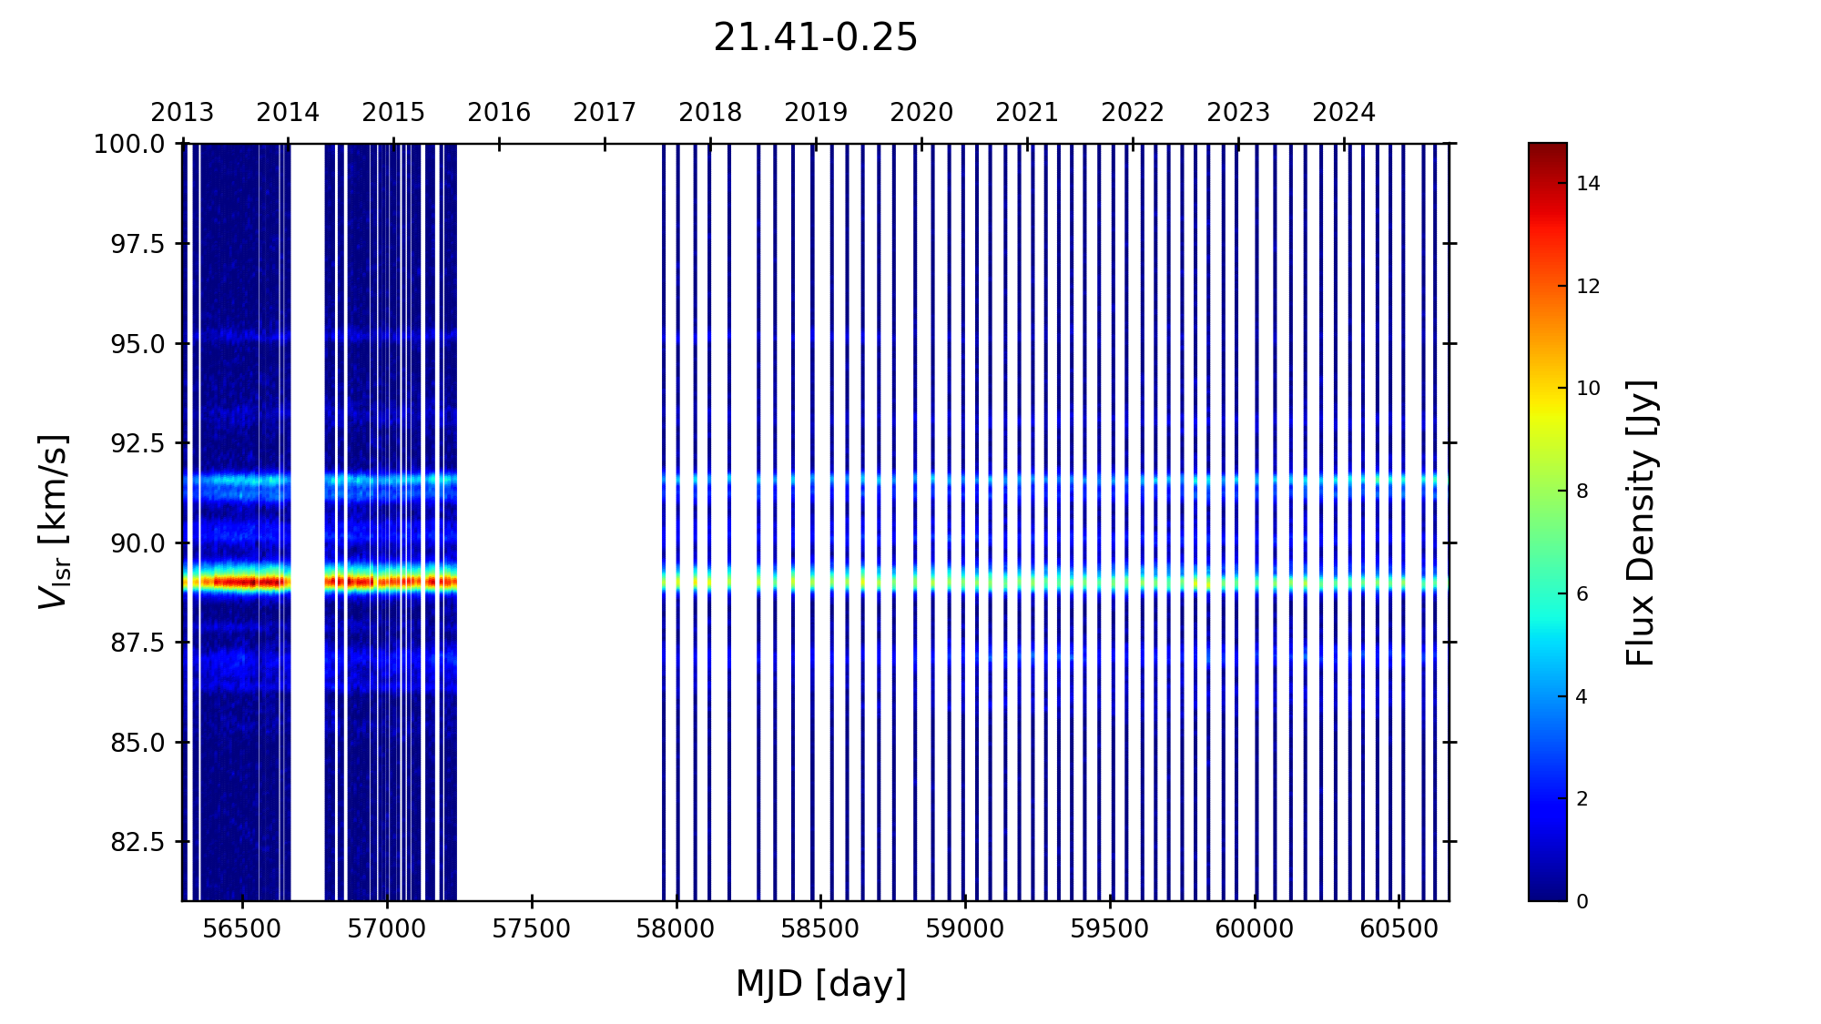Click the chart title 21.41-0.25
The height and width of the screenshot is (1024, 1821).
(x=815, y=38)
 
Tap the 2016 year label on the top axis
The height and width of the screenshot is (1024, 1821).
(x=499, y=113)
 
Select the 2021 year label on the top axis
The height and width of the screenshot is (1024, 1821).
(x=1026, y=113)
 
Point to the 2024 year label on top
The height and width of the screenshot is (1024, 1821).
(x=1343, y=113)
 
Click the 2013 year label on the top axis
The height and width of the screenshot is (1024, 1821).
(x=182, y=113)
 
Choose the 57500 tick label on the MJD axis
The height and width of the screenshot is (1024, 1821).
(x=531, y=929)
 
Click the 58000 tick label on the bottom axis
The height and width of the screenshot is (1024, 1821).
(x=676, y=929)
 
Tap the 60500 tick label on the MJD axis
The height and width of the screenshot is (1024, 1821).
(x=1399, y=929)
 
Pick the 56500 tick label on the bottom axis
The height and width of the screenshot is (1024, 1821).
(x=242, y=929)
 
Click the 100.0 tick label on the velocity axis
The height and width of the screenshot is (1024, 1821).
(x=129, y=144)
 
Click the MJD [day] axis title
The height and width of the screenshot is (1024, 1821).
(x=820, y=984)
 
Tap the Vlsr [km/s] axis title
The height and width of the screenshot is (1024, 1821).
(x=53, y=522)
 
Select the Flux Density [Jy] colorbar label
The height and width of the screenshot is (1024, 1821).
(x=1641, y=522)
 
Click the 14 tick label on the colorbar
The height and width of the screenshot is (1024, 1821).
(x=1588, y=184)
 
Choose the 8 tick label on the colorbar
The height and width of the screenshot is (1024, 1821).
(x=1582, y=492)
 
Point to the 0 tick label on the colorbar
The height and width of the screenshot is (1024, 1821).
(x=1582, y=902)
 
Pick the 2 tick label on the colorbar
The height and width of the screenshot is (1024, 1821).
(x=1582, y=799)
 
